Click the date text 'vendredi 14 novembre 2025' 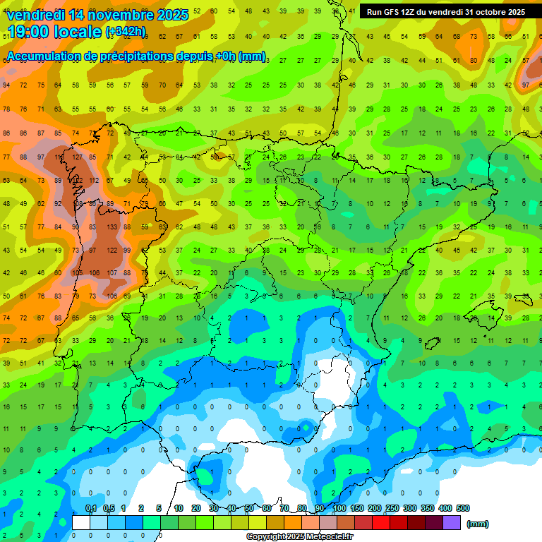(x=97, y=15)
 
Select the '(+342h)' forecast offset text (x=125, y=32)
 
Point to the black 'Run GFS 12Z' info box (x=445, y=12)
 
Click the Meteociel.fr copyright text (x=300, y=537)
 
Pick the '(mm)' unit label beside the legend (x=478, y=524)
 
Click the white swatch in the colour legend (x=81, y=522)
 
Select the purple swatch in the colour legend (x=452, y=522)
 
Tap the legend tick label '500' (x=463, y=509)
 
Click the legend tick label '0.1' (x=91, y=509)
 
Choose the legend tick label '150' (x=357, y=509)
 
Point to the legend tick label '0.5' (x=109, y=509)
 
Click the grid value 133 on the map (x=112, y=227)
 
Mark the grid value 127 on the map (x=77, y=157)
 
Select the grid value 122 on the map (x=112, y=251)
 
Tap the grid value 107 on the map (x=112, y=273)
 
